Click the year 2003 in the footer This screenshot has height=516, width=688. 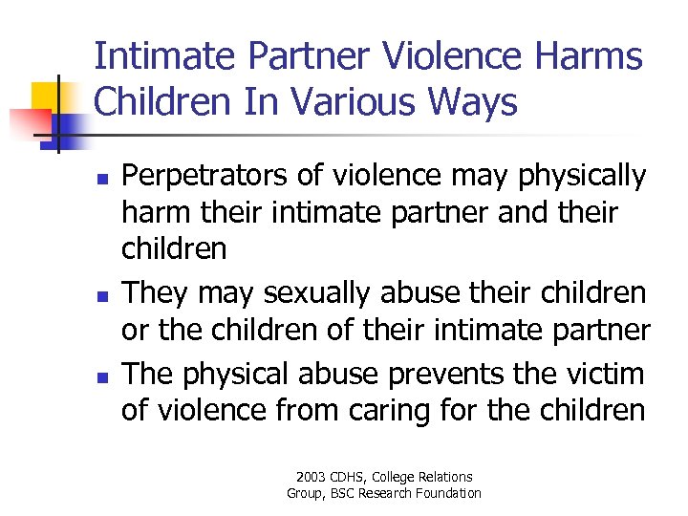pyautogui.click(x=312, y=477)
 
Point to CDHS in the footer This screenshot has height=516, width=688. pyautogui.click(x=349, y=477)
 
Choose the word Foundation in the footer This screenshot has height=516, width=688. pyautogui.click(x=450, y=493)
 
